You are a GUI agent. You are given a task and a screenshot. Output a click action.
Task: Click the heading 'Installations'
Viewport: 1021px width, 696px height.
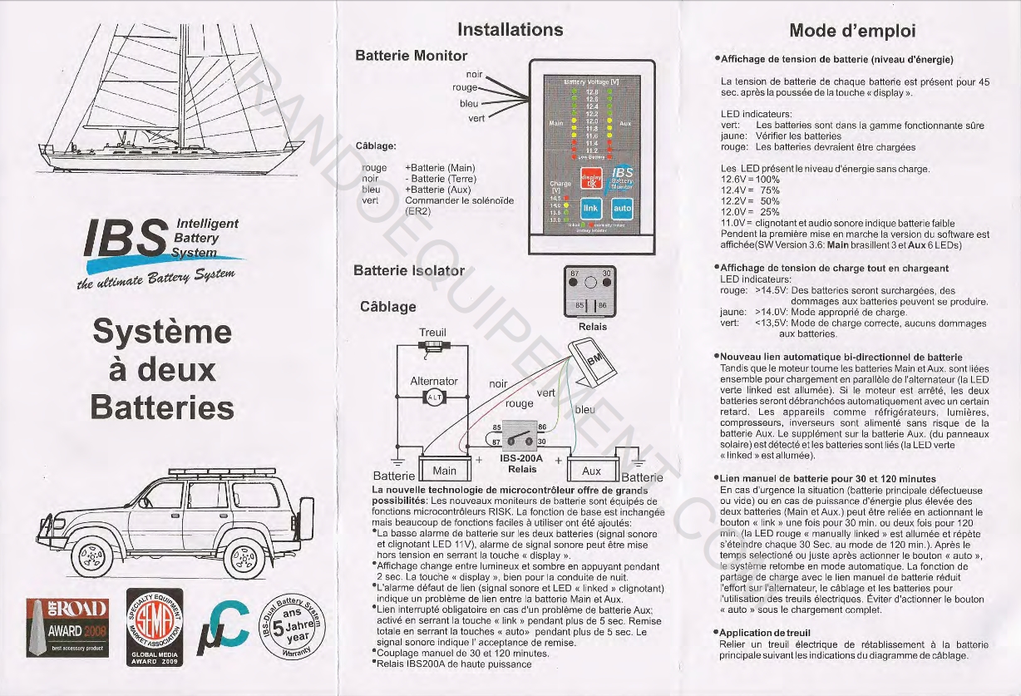(510, 30)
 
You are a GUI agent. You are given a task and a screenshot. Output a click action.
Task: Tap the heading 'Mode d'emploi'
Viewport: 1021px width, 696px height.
(852, 32)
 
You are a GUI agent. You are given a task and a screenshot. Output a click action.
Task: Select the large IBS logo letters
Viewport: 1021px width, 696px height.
(129, 240)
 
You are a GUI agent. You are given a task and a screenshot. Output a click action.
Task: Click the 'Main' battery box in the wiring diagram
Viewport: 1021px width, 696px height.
(445, 471)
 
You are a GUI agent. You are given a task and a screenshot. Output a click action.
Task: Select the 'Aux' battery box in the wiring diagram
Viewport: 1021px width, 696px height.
(591, 471)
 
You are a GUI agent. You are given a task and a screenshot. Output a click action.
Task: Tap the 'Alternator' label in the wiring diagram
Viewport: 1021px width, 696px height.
(434, 381)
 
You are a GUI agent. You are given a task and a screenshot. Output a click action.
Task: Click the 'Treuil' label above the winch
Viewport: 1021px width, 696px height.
(433, 333)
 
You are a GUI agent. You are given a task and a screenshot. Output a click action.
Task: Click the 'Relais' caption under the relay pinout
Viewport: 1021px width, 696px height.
(592, 327)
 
